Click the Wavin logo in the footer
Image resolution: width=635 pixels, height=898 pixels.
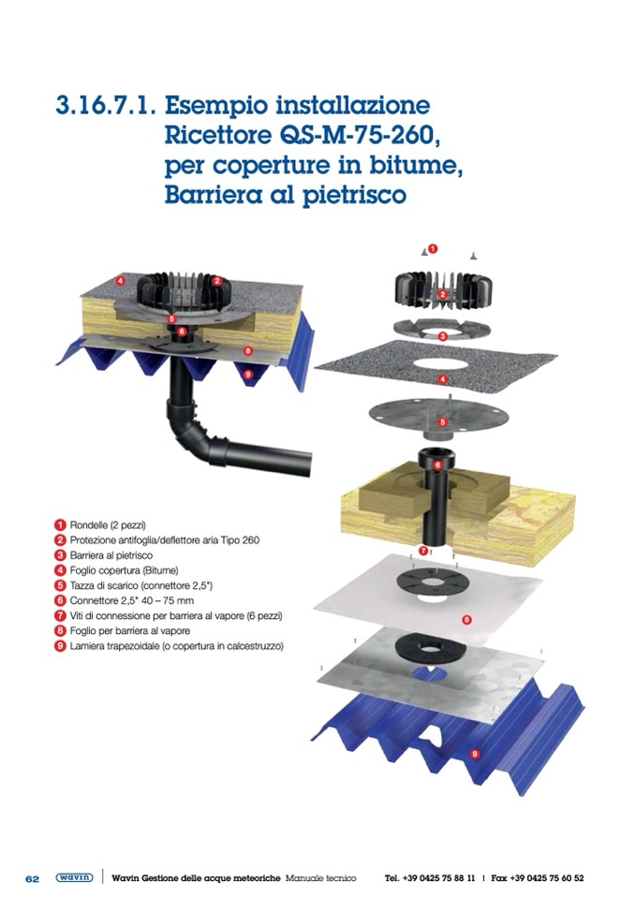[x=74, y=877]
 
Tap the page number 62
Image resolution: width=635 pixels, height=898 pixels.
[x=32, y=878]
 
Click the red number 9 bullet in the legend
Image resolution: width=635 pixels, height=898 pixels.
[x=60, y=646]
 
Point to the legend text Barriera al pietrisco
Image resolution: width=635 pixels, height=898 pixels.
[x=111, y=555]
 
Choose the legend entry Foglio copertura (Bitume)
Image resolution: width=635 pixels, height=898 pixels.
[x=124, y=570]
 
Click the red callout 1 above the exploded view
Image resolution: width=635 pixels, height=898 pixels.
[x=433, y=248]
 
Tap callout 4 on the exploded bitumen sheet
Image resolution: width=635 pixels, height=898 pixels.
[x=442, y=378]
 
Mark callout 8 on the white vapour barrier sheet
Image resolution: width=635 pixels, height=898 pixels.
[x=466, y=619]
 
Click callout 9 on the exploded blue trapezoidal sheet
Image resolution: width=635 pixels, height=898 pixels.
[x=474, y=754]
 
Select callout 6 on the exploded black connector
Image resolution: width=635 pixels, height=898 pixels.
[x=437, y=465]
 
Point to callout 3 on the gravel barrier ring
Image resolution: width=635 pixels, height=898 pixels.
[x=442, y=336]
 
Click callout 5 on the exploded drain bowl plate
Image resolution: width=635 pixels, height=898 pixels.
[x=442, y=422]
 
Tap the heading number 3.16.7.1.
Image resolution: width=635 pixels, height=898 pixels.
[x=106, y=107]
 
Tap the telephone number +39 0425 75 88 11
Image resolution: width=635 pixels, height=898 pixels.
[x=438, y=878]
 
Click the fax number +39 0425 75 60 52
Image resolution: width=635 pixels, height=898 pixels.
[x=546, y=878]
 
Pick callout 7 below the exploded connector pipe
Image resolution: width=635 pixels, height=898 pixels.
[x=423, y=551]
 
